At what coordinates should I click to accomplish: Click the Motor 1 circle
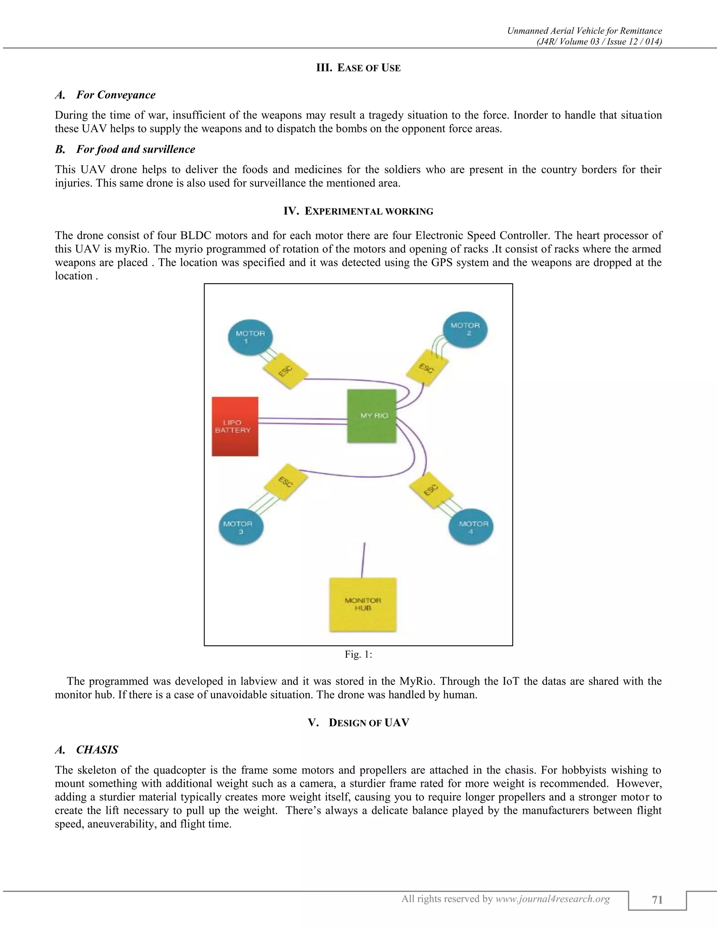250,337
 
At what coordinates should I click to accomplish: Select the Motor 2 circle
465,329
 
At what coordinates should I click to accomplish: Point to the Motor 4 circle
471,527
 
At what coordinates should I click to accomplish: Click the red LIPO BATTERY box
235,426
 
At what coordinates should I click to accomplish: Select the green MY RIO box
372,416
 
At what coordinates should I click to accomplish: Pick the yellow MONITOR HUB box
363,604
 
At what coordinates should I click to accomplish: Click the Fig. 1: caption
358,655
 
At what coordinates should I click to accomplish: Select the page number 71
657,900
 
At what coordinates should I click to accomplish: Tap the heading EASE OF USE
358,68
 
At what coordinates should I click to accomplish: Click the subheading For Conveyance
115,95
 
